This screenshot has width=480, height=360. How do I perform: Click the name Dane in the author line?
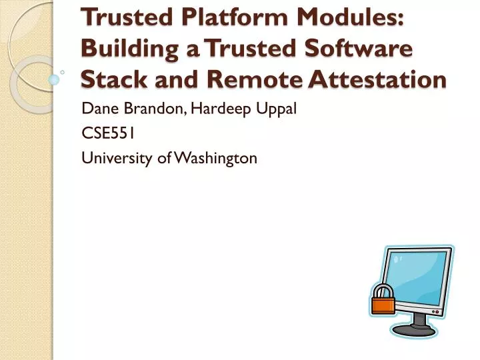98,109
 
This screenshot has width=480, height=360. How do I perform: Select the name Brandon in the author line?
145,109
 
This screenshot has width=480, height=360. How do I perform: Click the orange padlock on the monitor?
383,303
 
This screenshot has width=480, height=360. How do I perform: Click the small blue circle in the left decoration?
55,79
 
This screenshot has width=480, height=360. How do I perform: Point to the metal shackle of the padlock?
383,289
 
